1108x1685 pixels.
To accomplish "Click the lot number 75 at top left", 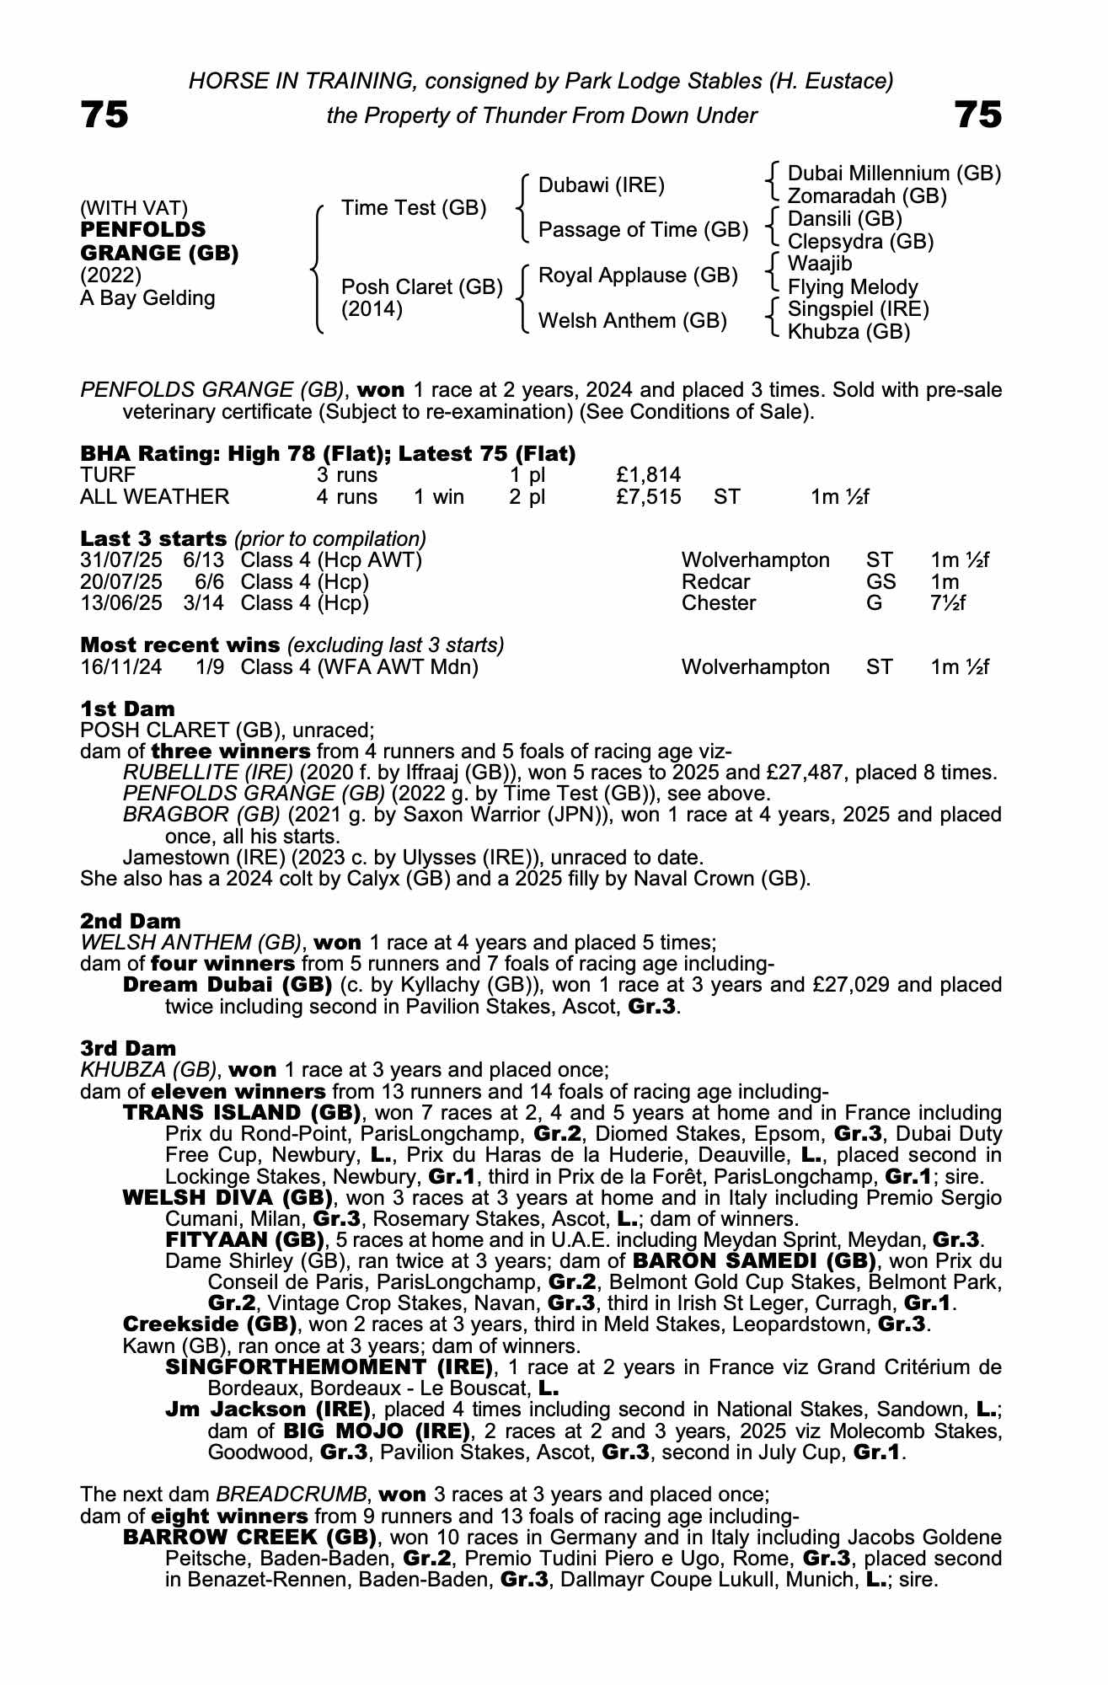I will (104, 115).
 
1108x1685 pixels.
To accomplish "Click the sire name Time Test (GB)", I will (413, 208).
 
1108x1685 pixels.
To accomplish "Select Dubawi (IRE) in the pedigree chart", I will (601, 185).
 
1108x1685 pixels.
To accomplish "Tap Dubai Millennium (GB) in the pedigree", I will (893, 174).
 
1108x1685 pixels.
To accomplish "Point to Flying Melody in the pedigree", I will (852, 287).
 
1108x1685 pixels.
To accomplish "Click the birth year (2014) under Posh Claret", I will (372, 309).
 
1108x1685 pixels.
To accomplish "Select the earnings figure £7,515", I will (648, 497).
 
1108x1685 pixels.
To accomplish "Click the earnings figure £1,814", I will (648, 476).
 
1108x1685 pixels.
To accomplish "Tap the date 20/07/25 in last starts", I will (120, 582).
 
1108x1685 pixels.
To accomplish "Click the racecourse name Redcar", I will (715, 582).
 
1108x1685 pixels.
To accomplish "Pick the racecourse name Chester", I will (719, 603).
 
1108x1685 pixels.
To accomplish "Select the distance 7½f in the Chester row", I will (948, 603).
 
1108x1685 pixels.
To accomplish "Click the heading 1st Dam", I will (127, 709).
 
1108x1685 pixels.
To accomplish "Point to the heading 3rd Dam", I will (128, 1048).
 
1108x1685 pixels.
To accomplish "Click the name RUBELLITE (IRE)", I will (207, 773).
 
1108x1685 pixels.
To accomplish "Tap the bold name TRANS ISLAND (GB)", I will (242, 1113).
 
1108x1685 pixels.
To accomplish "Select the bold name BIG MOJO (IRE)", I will (376, 1431).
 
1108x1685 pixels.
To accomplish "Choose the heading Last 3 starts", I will (153, 539).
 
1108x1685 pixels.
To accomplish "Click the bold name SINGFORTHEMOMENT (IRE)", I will (329, 1367).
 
